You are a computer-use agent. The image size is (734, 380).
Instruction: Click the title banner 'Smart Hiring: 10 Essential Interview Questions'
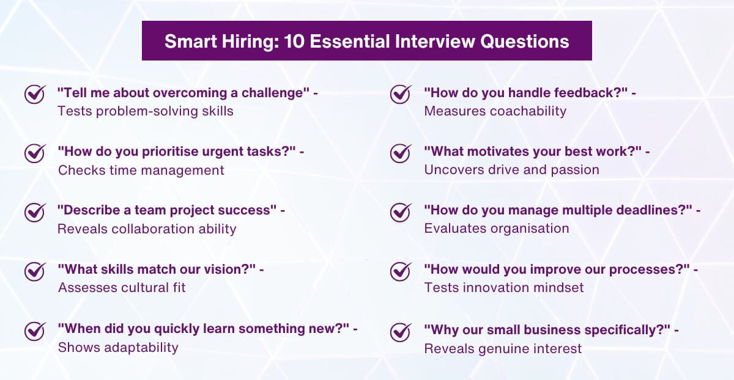coord(367,41)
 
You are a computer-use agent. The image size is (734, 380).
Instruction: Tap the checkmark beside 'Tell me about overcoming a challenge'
coord(34,94)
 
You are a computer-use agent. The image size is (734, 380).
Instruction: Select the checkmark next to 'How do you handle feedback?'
coord(400,94)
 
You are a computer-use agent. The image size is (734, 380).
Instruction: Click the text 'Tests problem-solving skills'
coord(145,111)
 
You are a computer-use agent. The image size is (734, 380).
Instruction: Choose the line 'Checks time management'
coord(141,170)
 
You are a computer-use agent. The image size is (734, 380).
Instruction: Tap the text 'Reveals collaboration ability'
coord(147,228)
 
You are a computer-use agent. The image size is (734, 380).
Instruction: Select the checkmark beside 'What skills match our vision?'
coord(34,270)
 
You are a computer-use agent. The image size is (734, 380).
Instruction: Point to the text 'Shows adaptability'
coord(118,347)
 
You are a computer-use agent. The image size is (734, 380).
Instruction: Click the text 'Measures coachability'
coord(495,111)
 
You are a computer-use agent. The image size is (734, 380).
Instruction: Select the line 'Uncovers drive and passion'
coord(511,170)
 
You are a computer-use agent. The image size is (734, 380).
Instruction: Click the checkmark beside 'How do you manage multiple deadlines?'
coord(400,211)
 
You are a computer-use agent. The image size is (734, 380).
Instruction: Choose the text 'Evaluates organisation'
coord(497,228)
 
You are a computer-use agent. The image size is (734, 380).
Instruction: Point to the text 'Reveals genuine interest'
coord(503,348)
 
